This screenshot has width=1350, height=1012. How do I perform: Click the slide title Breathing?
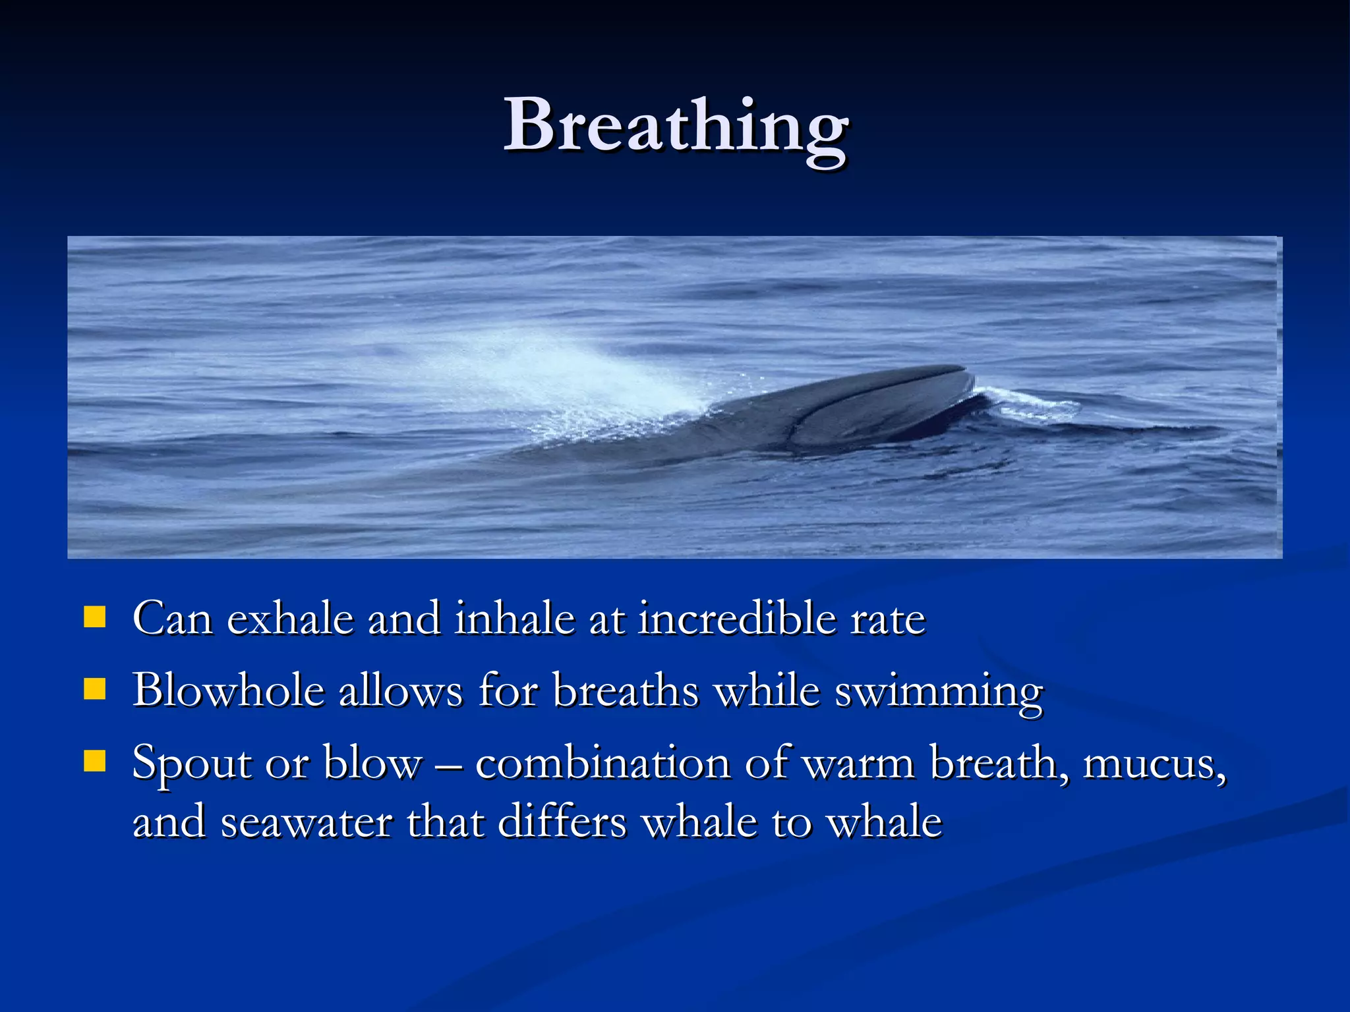(676, 125)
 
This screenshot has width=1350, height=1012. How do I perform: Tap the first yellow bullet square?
(95, 617)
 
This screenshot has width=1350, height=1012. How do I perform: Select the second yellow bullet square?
(95, 689)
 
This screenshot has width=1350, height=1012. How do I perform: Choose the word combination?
(602, 763)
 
